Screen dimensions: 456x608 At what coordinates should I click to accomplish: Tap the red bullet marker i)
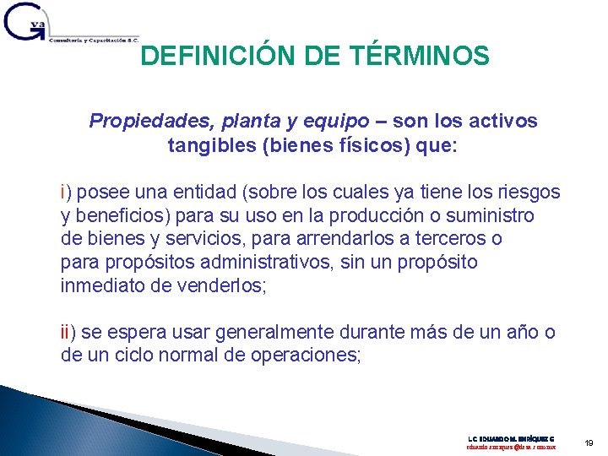(66, 192)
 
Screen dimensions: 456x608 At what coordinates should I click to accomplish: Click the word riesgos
(529, 192)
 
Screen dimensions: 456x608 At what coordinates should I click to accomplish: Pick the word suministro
(491, 215)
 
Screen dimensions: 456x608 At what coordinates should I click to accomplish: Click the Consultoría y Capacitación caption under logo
(93, 40)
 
